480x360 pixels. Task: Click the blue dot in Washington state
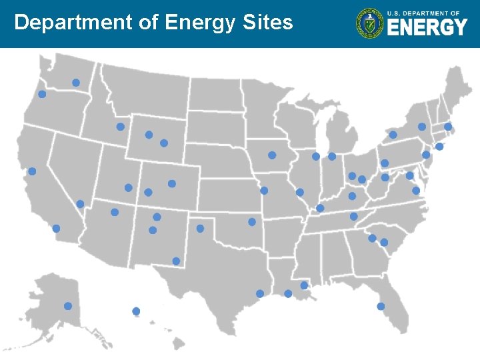[76, 83]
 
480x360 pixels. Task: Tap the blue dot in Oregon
[42, 94]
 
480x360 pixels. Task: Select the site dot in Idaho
[121, 127]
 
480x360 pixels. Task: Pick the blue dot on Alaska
[67, 306]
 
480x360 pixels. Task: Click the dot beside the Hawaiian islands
[136, 311]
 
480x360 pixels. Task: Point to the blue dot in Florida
[381, 307]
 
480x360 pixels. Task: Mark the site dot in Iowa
[272, 155]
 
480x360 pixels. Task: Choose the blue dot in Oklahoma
[252, 222]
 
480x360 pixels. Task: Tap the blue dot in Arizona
[115, 213]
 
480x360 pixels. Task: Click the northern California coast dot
[32, 171]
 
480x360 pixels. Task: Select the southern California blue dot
[56, 229]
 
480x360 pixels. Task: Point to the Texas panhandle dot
[200, 229]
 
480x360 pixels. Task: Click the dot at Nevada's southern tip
[80, 204]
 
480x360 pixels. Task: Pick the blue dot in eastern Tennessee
[353, 217]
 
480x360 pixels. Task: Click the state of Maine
[453, 93]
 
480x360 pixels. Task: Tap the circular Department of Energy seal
[369, 23]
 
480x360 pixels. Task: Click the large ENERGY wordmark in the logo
[427, 28]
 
